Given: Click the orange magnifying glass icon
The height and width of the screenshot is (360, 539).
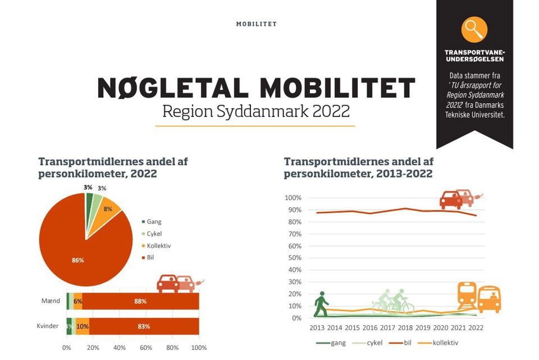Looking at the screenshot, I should tap(474, 29).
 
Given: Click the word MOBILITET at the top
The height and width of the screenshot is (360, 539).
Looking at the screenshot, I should tap(256, 24).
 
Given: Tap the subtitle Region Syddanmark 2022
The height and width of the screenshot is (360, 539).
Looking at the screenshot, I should tap(255, 111).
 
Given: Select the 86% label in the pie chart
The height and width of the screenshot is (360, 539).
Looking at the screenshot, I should tap(77, 260).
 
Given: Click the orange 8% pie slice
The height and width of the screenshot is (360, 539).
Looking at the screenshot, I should tap(107, 208).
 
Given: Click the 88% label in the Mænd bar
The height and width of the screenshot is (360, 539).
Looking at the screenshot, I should tap(140, 301).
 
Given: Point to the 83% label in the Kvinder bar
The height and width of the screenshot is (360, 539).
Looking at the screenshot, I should tap(143, 326).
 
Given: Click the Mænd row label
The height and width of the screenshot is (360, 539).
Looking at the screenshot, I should tap(51, 301).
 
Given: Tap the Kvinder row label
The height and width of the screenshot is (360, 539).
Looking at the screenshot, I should tap(47, 326).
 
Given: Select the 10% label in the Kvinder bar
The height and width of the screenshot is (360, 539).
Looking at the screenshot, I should tap(83, 326).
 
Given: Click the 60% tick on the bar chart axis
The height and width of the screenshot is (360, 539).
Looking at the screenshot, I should tap(146, 348).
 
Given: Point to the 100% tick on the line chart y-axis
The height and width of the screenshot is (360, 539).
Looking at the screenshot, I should tap(293, 198).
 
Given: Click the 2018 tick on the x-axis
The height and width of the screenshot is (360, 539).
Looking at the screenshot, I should tap(405, 328).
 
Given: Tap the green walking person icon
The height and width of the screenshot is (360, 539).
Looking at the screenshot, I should tap(321, 304).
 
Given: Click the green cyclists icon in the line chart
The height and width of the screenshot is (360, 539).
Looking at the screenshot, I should tap(393, 302).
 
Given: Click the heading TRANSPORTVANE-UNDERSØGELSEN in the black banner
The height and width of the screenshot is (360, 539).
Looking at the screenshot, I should tap(474, 56).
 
